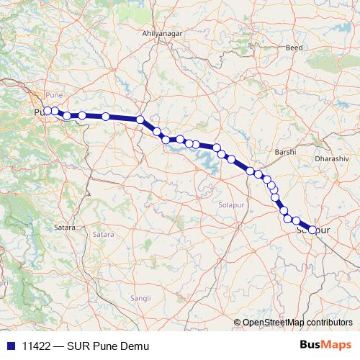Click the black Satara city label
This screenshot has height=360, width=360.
(x=65, y=228)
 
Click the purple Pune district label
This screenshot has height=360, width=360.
(x=54, y=95)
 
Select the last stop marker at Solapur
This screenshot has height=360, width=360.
(x=312, y=230)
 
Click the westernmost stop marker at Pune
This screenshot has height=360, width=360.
(x=48, y=111)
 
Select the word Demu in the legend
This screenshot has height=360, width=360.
(x=135, y=346)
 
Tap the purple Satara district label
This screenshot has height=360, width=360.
(x=103, y=235)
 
